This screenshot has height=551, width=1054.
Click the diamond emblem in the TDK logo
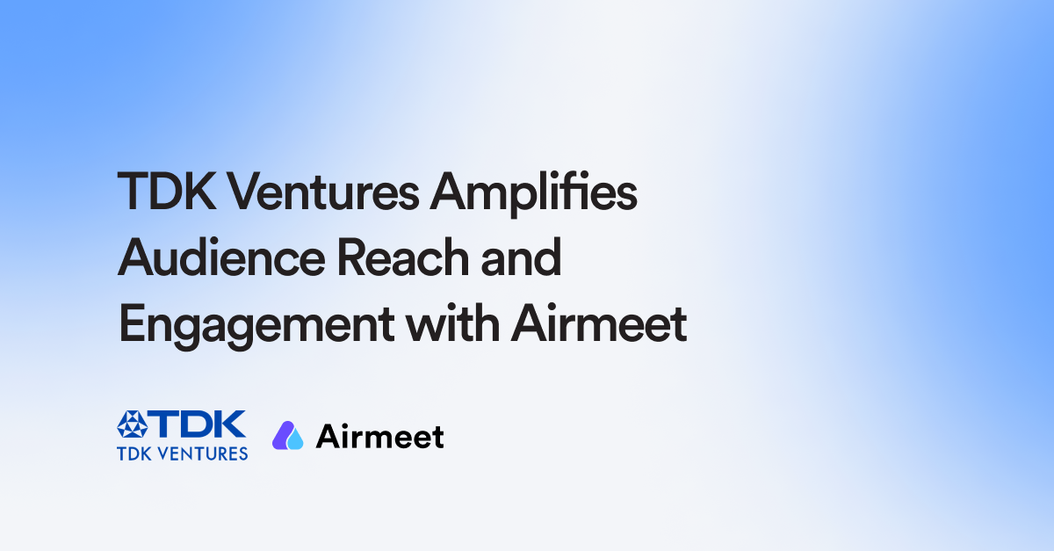click(x=134, y=426)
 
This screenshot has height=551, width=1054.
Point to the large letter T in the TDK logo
click(x=163, y=426)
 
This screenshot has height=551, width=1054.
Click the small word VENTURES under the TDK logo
click(x=203, y=453)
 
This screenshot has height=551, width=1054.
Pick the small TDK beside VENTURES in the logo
click(x=134, y=453)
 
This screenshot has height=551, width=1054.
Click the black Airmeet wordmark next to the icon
click(x=379, y=437)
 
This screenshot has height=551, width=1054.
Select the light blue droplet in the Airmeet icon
click(x=295, y=439)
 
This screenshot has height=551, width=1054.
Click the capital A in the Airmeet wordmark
click(x=327, y=436)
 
